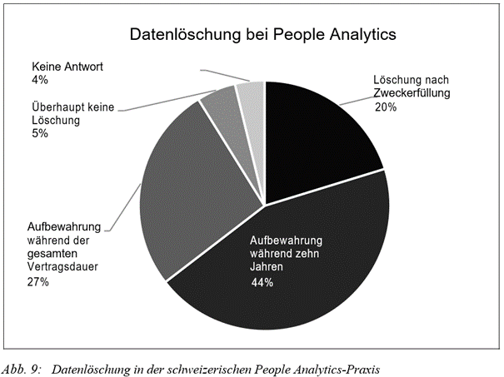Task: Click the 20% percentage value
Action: [386, 107]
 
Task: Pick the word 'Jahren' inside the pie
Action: [266, 268]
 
